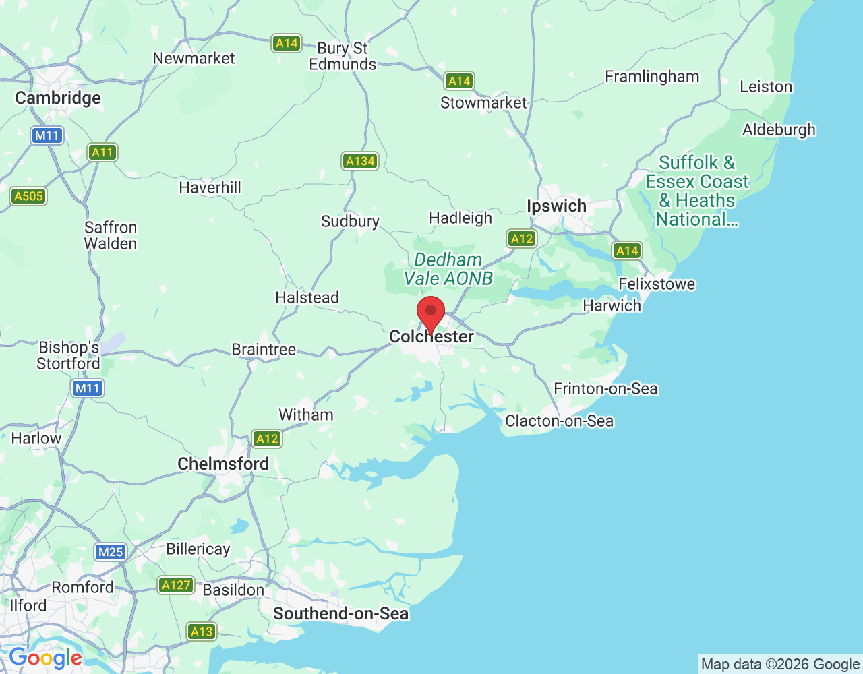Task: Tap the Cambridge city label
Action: [x=58, y=98]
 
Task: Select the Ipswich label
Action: [x=556, y=206]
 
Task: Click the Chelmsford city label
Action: [x=223, y=464]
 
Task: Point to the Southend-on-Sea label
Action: [x=340, y=613]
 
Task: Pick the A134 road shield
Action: [x=360, y=161]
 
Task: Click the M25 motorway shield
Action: [x=111, y=552]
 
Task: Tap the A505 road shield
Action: [x=28, y=196]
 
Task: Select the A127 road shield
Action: [x=176, y=585]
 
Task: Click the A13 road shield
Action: [x=202, y=632]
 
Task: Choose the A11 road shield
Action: [x=102, y=152]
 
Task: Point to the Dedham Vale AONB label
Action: [x=448, y=269]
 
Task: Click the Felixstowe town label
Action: [x=657, y=284]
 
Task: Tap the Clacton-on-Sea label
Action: [x=560, y=421]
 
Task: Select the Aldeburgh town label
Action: [x=779, y=129]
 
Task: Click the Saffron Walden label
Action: [x=111, y=235]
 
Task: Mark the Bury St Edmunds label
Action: [x=343, y=57]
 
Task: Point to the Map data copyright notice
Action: [x=780, y=665]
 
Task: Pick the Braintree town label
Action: [x=264, y=349]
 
